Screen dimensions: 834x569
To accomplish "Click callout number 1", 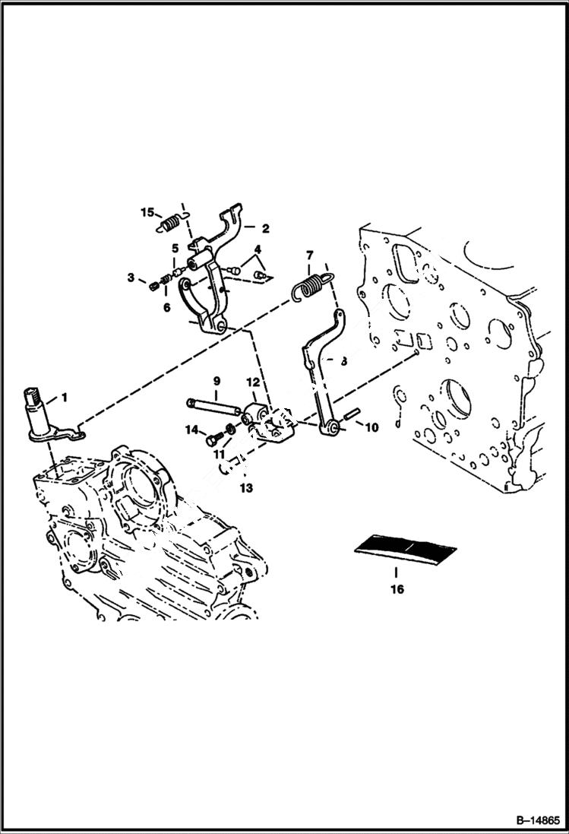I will tap(65, 397).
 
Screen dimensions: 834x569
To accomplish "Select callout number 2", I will tap(265, 227).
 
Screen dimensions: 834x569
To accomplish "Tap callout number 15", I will tap(147, 211).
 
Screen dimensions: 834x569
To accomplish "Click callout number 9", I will tap(216, 380).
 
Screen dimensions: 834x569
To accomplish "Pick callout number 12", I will tap(252, 380).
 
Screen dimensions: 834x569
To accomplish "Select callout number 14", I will tap(191, 430).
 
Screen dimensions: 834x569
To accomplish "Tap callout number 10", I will tap(371, 428).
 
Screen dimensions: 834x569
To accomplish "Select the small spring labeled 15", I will tap(172, 224).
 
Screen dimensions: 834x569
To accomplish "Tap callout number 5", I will tap(174, 248).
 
